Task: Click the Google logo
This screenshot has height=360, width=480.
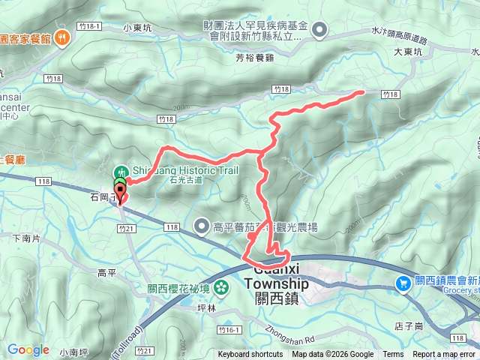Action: pos(28,349)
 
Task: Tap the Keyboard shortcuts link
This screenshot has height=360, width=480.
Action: pos(250,355)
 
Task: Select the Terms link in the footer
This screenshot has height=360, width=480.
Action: pos(393,355)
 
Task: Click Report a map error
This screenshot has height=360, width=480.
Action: pos(443,355)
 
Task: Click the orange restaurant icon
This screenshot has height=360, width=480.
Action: pos(61,35)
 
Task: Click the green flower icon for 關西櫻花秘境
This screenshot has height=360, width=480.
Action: pos(221,287)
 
